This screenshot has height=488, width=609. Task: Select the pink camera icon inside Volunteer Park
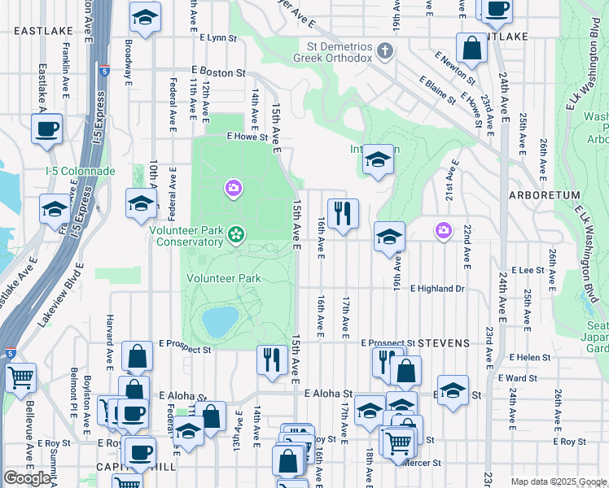click(x=234, y=190)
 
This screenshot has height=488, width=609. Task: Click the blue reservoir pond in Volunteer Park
click(x=220, y=321)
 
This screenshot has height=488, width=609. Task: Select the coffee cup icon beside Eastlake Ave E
click(x=46, y=128)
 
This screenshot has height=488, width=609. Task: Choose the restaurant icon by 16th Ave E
click(x=343, y=214)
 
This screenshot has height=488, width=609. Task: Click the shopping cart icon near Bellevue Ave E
click(x=20, y=377)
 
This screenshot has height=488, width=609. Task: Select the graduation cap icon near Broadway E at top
click(x=145, y=16)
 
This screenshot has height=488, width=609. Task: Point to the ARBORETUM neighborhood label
click(x=544, y=196)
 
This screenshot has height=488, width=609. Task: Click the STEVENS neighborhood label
click(x=444, y=343)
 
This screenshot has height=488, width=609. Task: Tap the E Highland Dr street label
click(x=436, y=289)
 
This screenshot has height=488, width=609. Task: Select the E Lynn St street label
click(x=217, y=37)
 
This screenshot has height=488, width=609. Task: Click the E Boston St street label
click(x=218, y=72)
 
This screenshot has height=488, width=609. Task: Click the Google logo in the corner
click(x=27, y=478)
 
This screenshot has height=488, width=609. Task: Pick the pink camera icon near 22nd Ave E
click(x=443, y=231)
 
